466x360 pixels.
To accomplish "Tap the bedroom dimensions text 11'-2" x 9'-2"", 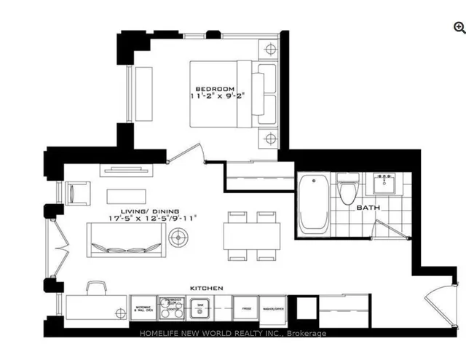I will click(217, 95).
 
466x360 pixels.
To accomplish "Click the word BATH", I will click(368, 208).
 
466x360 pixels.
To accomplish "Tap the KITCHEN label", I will click(207, 289).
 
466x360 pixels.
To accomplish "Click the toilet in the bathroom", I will click(348, 190).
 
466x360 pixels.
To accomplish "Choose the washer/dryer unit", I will click(274, 308).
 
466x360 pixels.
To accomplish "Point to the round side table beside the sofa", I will click(178, 237).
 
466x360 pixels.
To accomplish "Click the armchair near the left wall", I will click(77, 194).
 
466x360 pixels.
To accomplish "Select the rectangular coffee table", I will click(126, 196).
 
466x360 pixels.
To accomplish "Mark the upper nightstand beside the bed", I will click(270, 50).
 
